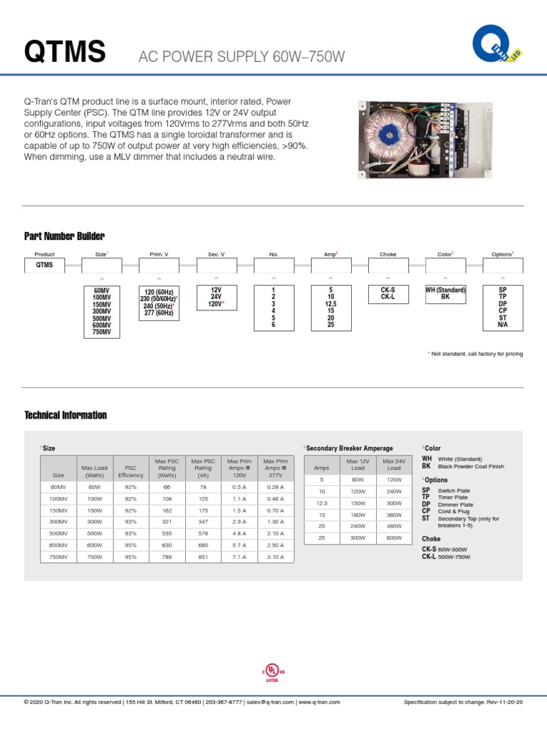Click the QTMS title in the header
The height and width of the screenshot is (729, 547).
tap(65, 52)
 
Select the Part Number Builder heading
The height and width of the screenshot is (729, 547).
tap(64, 236)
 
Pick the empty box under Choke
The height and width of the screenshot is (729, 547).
tap(387, 265)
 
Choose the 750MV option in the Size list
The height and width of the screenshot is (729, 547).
tap(102, 332)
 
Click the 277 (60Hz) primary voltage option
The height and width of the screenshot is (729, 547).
tap(159, 313)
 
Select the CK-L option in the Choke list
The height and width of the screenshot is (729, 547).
tap(387, 298)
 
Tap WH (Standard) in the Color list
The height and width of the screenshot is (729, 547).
tap(445, 290)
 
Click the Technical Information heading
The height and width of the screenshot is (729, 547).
tap(66, 415)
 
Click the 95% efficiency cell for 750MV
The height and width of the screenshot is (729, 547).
tap(130, 557)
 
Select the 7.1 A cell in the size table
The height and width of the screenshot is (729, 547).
tap(239, 557)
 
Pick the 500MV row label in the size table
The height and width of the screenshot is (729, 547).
tap(58, 533)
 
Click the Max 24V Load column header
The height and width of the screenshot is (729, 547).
tap(393, 465)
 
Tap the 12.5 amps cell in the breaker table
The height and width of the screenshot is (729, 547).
tap(321, 503)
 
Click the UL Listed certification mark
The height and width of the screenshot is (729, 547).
tap(273, 673)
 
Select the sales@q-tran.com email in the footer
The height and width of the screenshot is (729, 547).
tap(269, 702)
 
